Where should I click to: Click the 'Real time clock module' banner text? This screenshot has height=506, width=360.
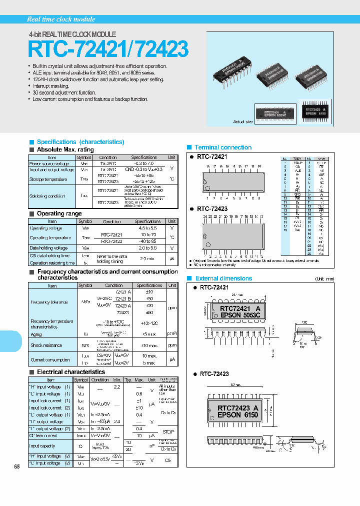[61, 19]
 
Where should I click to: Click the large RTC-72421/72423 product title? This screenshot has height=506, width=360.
[108, 50]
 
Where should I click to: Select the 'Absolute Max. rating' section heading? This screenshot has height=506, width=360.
[65, 149]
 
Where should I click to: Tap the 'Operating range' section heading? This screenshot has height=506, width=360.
[59, 213]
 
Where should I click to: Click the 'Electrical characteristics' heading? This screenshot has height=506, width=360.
[71, 372]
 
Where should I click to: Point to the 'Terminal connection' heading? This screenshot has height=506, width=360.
[223, 147]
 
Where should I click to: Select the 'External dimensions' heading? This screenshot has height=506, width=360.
[223, 278]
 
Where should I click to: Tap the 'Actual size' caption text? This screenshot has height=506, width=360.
[243, 121]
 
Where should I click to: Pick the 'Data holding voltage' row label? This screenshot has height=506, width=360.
[48, 248]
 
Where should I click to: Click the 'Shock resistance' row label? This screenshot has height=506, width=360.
[46, 345]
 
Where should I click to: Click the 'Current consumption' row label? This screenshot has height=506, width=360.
[49, 359]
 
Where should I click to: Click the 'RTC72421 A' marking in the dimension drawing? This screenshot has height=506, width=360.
[240, 308]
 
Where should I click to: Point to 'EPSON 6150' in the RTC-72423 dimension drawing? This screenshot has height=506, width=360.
[238, 415]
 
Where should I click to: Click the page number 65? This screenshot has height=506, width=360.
[17, 466]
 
